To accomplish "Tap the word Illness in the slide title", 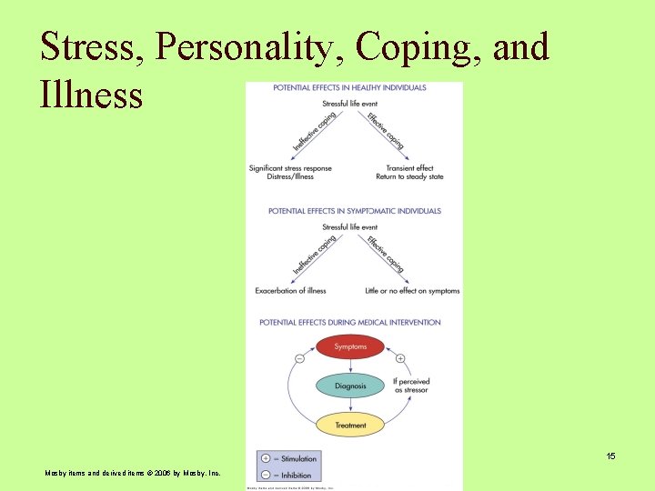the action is coord(91,94).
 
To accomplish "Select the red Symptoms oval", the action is coord(350,346).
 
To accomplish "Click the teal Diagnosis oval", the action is coord(350,386).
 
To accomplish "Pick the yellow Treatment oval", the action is coord(350,425).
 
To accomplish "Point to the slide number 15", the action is coord(610,456).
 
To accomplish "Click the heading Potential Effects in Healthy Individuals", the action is coord(349,87).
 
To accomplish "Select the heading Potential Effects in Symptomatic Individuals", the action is coord(354,211).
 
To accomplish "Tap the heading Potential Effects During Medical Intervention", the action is coord(349,322).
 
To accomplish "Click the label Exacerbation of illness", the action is coord(290,291).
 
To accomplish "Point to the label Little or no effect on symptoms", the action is coord(412,291).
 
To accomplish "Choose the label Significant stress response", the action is coord(290,168).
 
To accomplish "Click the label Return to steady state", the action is coord(412,176).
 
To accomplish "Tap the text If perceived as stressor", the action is coord(411,386).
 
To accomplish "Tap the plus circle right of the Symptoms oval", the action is coord(400,358).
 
